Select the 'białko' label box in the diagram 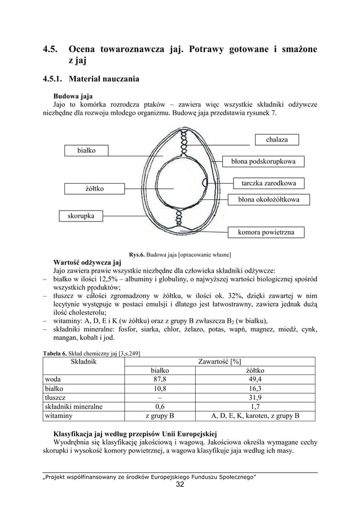point(86,150)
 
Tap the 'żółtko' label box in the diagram point(86,188)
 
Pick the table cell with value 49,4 point(254,380)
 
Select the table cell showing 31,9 point(254,398)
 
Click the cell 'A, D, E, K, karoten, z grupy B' point(254,416)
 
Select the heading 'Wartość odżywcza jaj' point(87,261)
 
